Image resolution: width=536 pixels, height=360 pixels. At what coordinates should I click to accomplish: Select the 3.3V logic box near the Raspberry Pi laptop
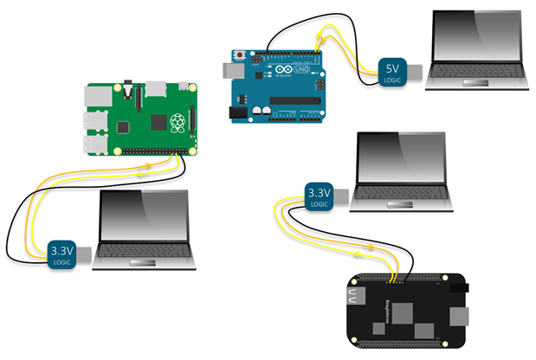point(63,254)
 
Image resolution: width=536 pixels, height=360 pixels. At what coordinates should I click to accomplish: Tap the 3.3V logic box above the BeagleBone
point(319,196)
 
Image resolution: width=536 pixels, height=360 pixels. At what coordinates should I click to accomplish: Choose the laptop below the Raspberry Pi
point(143,226)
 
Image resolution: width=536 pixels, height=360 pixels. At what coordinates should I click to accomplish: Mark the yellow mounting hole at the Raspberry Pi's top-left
point(91,90)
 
